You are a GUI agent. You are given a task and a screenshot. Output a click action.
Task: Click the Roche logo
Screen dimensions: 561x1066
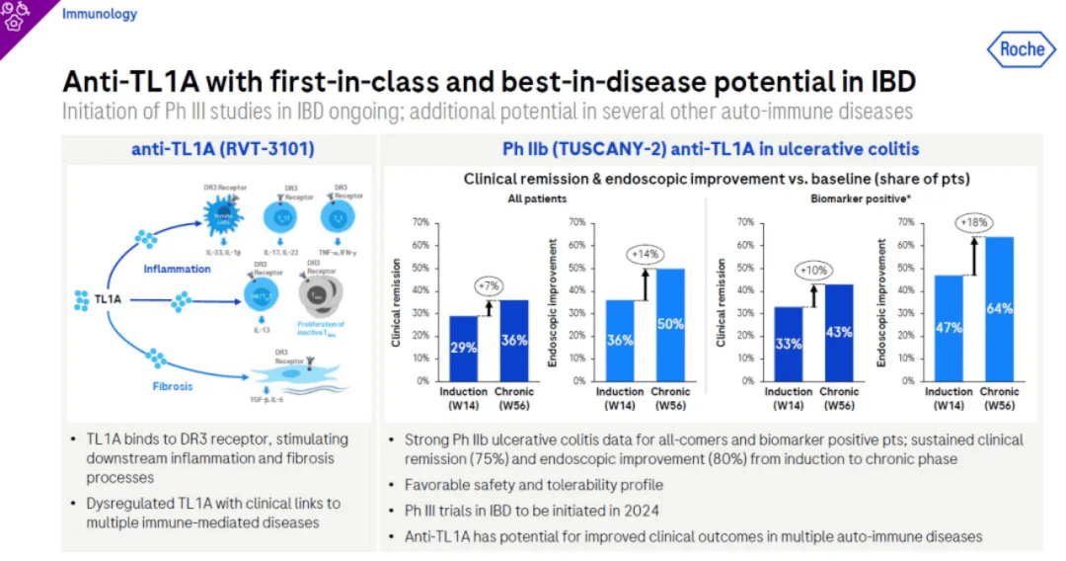[1021, 49]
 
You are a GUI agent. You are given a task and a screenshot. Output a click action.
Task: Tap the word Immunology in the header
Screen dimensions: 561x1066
[100, 15]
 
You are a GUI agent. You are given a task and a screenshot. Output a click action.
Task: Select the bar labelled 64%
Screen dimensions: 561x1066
[999, 308]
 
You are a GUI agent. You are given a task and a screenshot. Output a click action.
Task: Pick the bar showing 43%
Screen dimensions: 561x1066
[839, 332]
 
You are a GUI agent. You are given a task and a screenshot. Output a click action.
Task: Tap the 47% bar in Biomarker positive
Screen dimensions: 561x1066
[949, 328]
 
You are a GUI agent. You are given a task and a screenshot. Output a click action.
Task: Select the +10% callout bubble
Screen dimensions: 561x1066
[811, 271]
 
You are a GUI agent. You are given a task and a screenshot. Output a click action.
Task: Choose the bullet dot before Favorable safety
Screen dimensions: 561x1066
[391, 486]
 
